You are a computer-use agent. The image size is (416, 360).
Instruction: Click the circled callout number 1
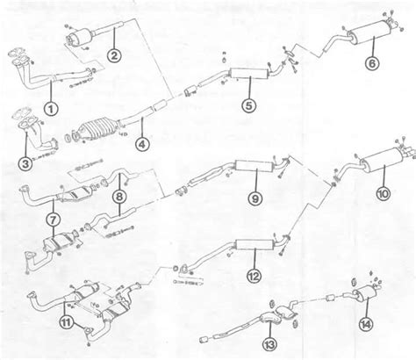51,109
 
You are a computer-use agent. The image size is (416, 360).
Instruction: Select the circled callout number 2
114,55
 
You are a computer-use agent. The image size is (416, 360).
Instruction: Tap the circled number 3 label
25,163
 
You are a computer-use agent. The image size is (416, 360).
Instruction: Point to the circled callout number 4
142,144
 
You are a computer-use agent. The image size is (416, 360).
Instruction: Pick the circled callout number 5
248,105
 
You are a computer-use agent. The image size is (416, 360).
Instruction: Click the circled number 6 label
372,63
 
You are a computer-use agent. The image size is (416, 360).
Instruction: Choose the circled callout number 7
53,219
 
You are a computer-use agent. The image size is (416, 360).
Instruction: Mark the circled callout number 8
119,197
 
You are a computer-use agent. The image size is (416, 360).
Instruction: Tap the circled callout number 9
255,198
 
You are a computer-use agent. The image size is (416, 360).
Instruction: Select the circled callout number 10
384,193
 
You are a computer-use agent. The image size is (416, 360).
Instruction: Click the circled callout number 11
67,322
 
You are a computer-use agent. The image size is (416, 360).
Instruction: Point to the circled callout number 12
254,276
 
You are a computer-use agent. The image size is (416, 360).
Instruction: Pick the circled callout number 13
269,344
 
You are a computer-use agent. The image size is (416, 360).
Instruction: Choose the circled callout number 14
366,324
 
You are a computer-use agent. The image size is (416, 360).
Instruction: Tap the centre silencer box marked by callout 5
249,74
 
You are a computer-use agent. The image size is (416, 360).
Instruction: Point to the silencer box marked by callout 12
255,244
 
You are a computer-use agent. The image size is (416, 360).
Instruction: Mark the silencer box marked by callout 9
254,166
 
